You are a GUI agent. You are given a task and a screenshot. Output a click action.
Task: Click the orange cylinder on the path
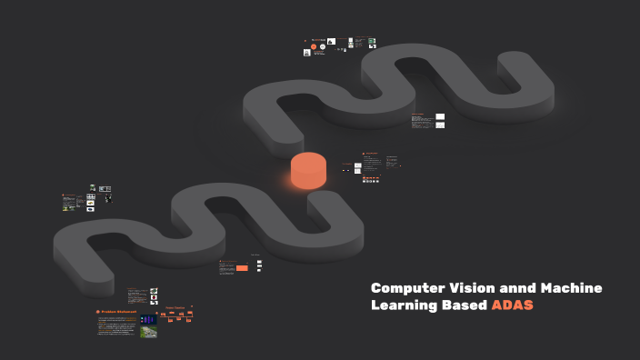307,170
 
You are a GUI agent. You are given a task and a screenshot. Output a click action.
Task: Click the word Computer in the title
406,288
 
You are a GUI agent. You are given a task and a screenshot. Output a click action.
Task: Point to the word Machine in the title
572,288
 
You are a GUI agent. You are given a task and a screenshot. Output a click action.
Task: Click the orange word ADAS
513,305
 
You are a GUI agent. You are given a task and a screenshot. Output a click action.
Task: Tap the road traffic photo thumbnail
148,332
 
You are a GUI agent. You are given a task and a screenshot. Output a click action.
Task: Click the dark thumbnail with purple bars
148,320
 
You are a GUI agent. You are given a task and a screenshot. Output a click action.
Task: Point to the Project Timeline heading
175,307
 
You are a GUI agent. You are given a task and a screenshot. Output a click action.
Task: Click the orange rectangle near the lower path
242,267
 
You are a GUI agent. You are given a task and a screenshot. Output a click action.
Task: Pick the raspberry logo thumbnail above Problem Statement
155,297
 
